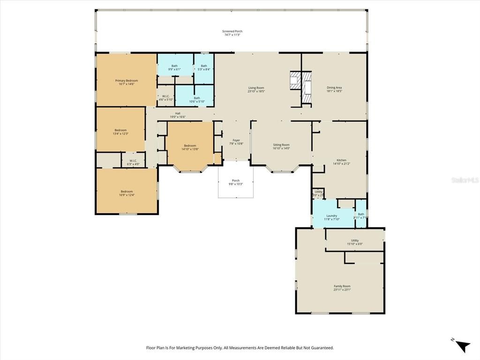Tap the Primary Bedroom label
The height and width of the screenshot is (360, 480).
[x=127, y=81]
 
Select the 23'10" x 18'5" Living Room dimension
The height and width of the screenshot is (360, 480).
[x=256, y=91]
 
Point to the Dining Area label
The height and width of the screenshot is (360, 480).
[x=334, y=88]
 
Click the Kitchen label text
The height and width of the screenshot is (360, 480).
[x=341, y=160]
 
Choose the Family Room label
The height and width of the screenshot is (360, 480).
[x=342, y=286]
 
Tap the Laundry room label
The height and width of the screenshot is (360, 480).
[x=331, y=216]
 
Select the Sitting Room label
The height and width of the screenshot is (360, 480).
[x=281, y=145]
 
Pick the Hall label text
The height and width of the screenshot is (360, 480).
[x=178, y=113]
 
